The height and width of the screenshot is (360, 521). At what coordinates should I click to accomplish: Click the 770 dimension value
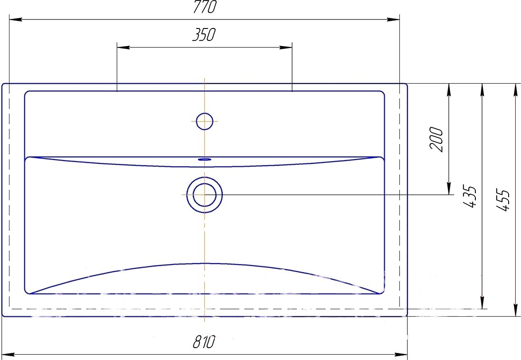tap(205, 7)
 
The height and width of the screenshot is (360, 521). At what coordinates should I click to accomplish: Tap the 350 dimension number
tap(204, 35)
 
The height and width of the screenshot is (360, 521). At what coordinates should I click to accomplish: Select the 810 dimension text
tap(204, 342)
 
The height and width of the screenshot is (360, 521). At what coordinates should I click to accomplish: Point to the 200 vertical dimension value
tap(436, 139)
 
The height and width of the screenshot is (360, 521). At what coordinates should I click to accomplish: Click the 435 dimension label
tap(470, 198)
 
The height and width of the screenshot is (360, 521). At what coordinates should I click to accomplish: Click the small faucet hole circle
tap(204, 121)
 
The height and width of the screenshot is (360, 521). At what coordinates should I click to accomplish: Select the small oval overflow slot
tap(204, 160)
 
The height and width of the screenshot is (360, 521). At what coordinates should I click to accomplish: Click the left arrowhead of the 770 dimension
tap(15, 19)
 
